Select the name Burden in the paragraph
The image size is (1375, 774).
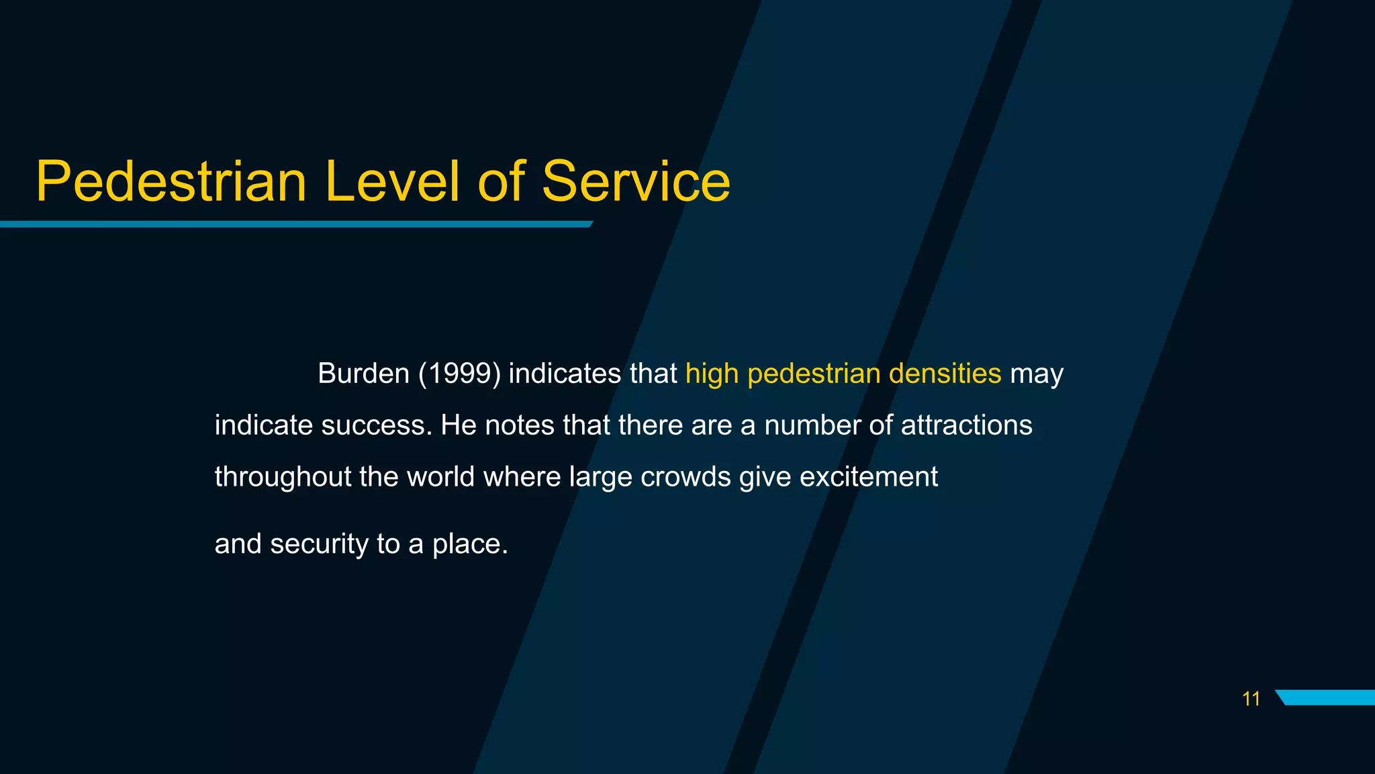pos(363,374)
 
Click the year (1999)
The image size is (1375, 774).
pos(459,374)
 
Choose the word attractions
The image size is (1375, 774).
pos(966,426)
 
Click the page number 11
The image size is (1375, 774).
pos(1251,699)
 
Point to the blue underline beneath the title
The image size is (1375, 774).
pos(295,224)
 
